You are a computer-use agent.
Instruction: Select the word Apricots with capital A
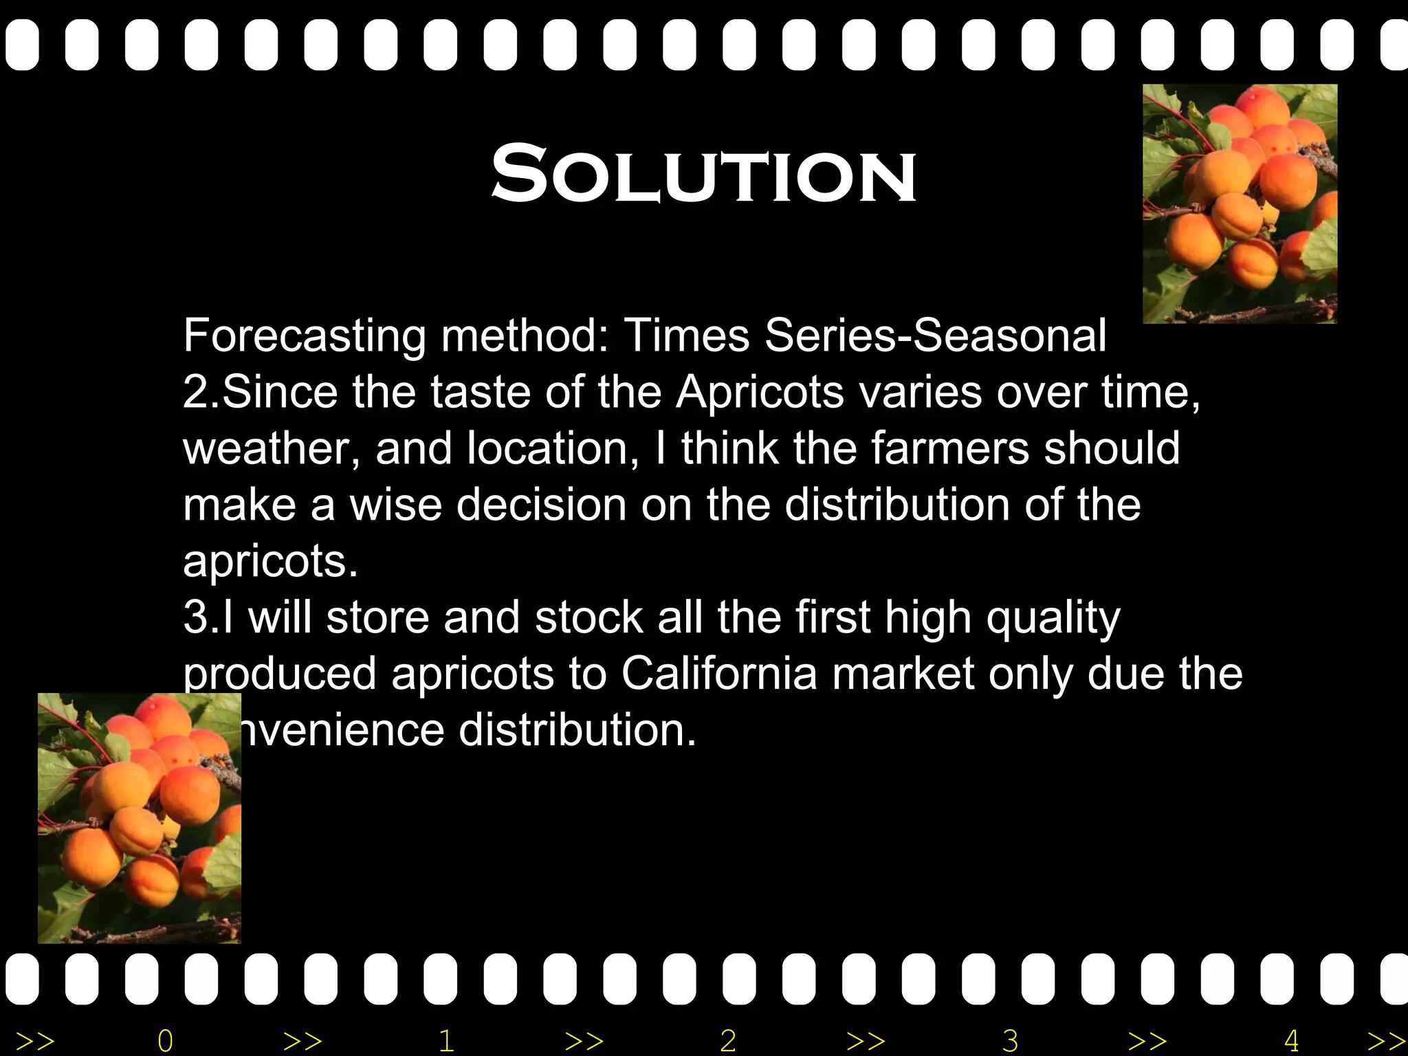coord(760,393)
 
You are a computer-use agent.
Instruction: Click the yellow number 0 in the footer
coord(165,1040)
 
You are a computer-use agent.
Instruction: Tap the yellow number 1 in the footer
coord(446,1040)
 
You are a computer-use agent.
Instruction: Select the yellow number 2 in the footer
coord(728,1040)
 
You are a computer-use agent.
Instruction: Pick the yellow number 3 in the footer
coord(1009,1040)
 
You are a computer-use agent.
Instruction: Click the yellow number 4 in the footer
coord(1291,1040)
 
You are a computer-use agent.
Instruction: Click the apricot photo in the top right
coord(1240,203)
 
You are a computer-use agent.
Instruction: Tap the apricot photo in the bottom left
coord(139,818)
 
